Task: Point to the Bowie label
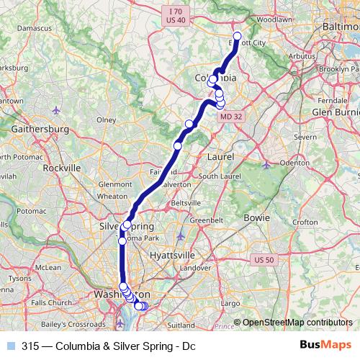point(256,217)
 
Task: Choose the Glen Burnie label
point(334,112)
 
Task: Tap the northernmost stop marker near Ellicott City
point(237,36)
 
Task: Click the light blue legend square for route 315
point(10,345)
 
